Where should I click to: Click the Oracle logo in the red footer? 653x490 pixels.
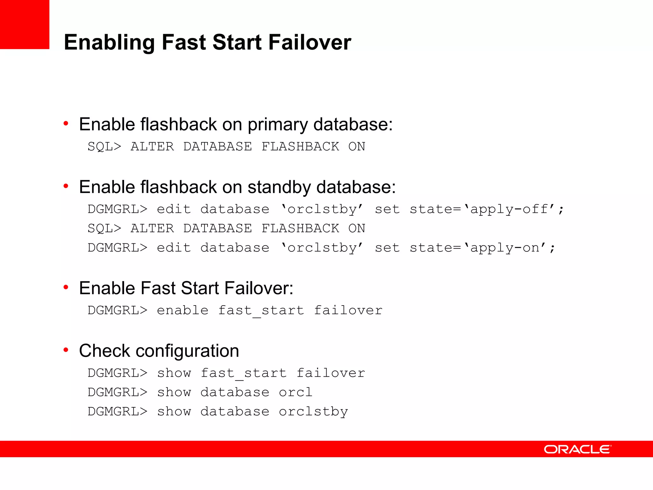pos(577,449)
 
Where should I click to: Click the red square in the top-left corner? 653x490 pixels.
pos(25,24)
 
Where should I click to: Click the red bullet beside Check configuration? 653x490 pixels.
pos(66,350)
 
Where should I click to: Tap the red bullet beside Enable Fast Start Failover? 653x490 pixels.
pos(66,287)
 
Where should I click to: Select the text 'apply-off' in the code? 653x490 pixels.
pos(510,209)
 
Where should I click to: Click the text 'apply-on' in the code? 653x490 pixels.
pos(505,248)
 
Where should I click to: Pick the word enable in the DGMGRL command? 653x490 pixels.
pos(183,310)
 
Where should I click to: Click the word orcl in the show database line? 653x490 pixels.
pos(296,392)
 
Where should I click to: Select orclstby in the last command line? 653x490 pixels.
pos(313,412)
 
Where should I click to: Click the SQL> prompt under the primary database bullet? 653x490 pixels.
pos(105,147)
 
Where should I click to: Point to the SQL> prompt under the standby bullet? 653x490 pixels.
pos(105,228)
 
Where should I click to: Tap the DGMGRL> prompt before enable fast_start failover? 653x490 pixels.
pos(118,310)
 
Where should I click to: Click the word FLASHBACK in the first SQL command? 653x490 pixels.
pos(300,147)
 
